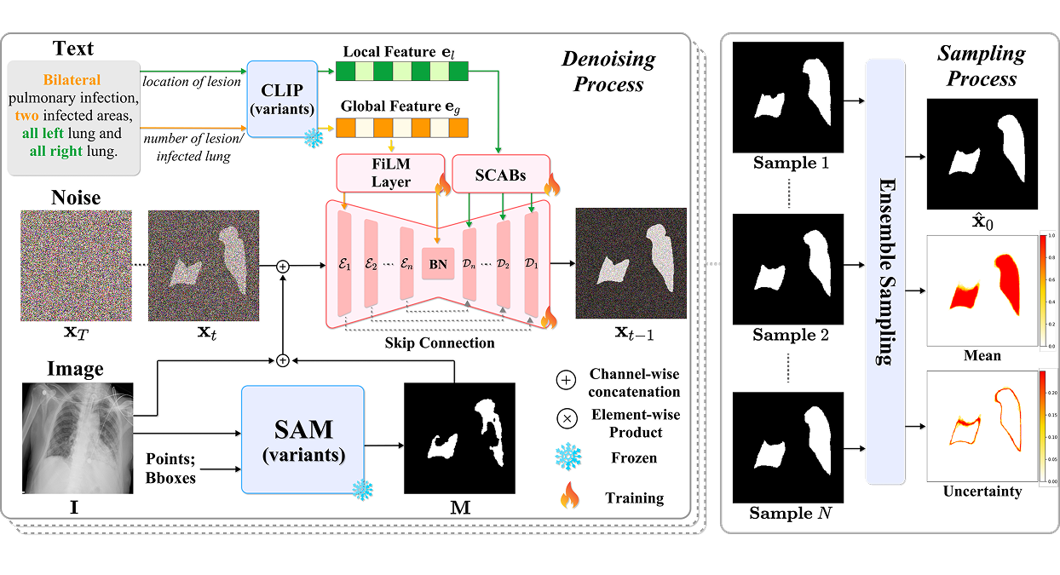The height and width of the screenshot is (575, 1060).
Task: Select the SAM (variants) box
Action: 302,440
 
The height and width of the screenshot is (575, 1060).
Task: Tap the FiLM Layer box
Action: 391,172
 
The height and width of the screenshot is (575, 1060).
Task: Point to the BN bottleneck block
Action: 438,265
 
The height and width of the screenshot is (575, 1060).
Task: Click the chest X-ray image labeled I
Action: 75,439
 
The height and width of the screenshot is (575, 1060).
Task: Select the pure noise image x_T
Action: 76,266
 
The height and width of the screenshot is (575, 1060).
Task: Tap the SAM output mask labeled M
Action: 459,439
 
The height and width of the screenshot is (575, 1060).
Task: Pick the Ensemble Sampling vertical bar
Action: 885,272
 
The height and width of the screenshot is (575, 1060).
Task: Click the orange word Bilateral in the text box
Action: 73,80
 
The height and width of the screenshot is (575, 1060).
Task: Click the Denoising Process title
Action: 608,72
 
